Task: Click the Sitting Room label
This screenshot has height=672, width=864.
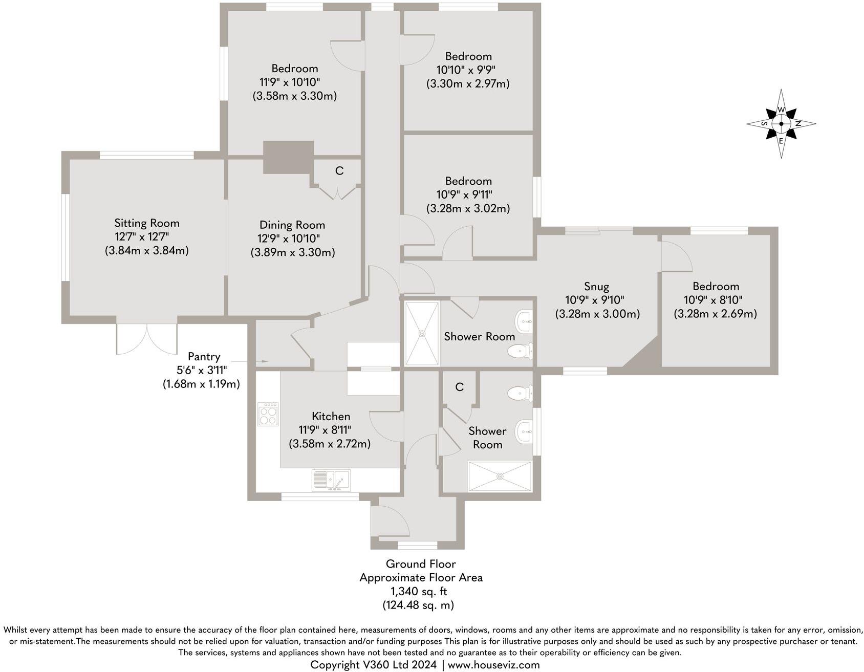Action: coord(147,223)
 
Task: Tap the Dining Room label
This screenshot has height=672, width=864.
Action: coord(292,225)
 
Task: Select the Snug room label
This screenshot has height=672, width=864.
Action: coord(597,287)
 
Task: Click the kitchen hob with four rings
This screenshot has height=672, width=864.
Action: coord(269,414)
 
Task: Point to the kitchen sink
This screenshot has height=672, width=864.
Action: coord(331,481)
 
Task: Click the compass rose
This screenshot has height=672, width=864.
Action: coord(781,123)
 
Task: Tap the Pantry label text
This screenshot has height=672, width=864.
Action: coord(204,357)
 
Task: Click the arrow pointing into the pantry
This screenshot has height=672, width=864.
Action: coord(261,362)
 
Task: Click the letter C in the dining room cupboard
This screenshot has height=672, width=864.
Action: coord(339,171)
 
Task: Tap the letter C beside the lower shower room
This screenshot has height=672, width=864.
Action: coord(459,387)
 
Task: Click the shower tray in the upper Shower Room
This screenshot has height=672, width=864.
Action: coord(422,334)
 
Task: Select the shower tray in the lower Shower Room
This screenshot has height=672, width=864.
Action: coord(500,476)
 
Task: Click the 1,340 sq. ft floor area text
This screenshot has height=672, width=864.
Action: coord(419,592)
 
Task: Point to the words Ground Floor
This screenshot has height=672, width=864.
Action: coord(421,564)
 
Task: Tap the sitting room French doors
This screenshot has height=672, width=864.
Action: coord(147,339)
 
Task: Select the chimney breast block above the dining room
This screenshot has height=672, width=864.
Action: coord(288,158)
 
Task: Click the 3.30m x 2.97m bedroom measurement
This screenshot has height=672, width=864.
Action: coord(468,83)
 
